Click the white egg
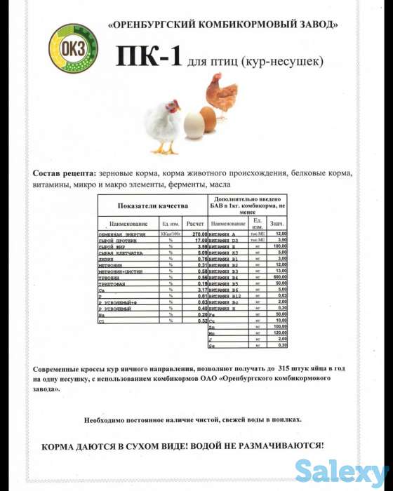coord(193,127)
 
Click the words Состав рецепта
coord(63,173)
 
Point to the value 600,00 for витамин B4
coord(280,276)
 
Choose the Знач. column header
coord(279,223)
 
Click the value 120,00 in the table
coord(280,332)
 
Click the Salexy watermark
coord(341,470)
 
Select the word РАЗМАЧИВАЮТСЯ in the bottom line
coord(281,445)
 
